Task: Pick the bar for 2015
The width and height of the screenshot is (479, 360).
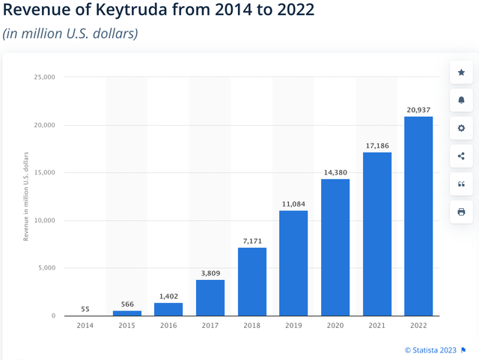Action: (127, 313)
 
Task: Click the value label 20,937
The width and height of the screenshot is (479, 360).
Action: (418, 110)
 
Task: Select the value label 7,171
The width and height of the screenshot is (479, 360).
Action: (252, 241)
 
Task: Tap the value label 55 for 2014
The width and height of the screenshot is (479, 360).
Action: (86, 309)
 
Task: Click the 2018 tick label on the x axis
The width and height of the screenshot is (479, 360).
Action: (252, 325)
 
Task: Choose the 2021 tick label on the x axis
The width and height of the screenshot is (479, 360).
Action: (376, 325)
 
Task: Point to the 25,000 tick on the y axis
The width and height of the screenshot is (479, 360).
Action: (44, 77)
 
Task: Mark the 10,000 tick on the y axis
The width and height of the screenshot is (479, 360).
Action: (44, 221)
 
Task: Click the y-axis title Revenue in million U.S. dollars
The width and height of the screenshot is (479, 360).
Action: (26, 196)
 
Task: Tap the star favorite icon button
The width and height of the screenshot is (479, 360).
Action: (461, 73)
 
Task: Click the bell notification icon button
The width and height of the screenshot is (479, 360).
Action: (461, 100)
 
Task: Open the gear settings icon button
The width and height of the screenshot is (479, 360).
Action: (461, 128)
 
